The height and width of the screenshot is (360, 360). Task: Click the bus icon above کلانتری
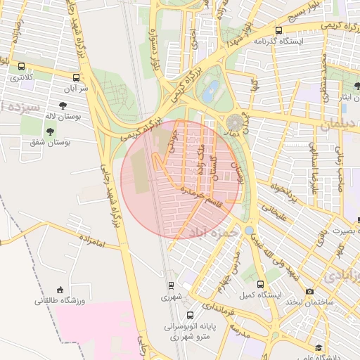21,66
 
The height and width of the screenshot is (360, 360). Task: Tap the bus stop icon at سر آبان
76,78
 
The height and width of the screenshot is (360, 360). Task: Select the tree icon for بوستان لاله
63,105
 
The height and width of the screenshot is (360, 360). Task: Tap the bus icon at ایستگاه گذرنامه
279,30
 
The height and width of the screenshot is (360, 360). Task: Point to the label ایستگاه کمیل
261,294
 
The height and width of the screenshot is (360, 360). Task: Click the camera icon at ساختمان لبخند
309,291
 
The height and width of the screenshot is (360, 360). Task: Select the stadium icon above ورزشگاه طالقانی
60,290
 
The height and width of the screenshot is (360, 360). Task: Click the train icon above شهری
171,286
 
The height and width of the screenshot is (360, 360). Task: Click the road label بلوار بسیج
309,15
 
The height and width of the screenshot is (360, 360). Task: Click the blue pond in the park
210,89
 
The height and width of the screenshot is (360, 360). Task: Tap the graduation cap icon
319,348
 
